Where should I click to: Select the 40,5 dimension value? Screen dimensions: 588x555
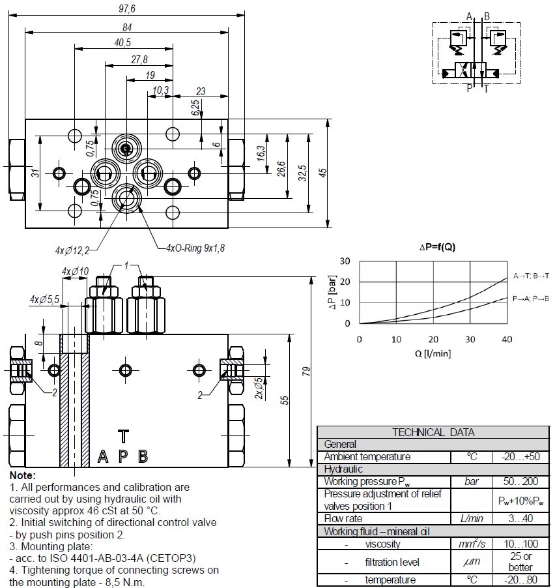(x=122, y=43)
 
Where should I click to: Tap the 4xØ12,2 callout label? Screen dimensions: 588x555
(x=71, y=250)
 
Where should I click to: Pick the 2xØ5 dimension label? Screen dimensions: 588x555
(x=259, y=389)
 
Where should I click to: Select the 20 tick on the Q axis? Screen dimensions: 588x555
(x=433, y=339)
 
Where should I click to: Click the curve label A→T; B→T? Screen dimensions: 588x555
(x=531, y=276)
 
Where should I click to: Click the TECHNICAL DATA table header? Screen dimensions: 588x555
(x=433, y=432)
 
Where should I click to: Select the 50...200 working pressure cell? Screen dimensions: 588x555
(x=521, y=482)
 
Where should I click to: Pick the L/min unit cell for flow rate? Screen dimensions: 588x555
(x=471, y=519)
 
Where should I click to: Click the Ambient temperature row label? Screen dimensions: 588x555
(x=367, y=457)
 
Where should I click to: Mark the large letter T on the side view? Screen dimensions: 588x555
(x=122, y=435)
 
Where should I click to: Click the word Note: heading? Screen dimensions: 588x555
(x=23, y=476)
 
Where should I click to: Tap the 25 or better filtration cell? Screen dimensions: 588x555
(x=521, y=562)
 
